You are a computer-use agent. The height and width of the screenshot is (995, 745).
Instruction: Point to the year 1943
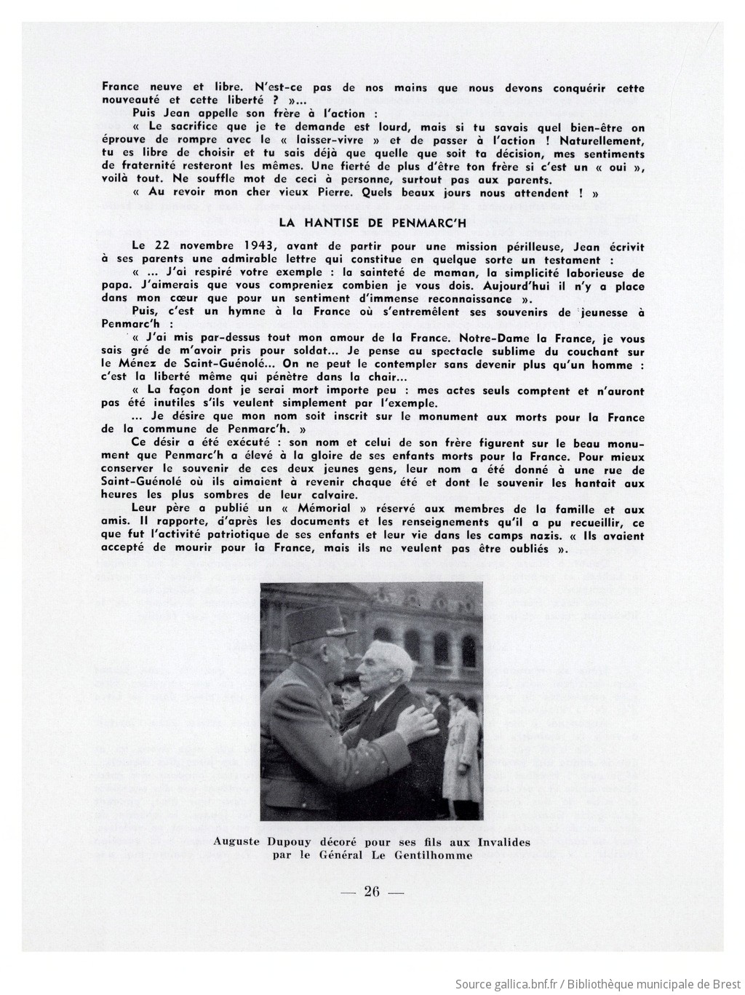pyautogui.click(x=258, y=247)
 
